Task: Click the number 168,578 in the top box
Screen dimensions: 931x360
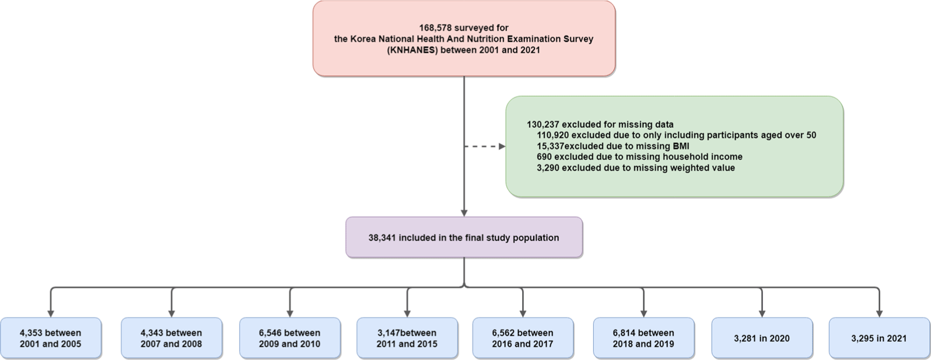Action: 435,28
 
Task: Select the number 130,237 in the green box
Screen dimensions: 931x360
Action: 543,125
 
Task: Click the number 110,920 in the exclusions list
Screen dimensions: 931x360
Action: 553,135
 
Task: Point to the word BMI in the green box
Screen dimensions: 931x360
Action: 681,146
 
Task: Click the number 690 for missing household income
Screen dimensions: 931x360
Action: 544,157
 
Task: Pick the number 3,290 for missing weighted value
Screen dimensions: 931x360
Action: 548,168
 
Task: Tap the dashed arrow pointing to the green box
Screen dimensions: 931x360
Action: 485,146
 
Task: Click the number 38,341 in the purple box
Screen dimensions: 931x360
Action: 383,238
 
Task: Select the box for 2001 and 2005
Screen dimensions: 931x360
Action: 51,338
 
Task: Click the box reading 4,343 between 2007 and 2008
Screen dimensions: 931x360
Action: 171,338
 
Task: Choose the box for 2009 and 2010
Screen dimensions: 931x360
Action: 290,338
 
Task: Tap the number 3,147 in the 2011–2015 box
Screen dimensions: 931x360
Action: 388,333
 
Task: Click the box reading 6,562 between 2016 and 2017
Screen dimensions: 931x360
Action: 523,338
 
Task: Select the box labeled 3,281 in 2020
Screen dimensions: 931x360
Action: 762,338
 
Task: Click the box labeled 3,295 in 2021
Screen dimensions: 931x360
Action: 879,338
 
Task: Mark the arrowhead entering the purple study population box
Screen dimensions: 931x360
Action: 464,213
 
